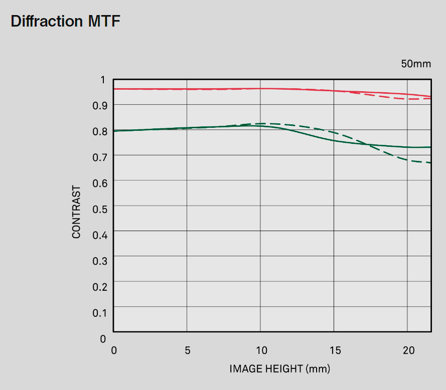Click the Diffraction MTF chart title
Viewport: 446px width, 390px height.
65,22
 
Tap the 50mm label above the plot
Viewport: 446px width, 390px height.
415,64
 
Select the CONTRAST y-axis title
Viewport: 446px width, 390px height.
76,212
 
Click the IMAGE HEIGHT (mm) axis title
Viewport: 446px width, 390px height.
280,369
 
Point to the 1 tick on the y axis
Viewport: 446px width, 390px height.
103,80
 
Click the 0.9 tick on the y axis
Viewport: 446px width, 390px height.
99,105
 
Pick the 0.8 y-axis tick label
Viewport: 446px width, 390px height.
99,131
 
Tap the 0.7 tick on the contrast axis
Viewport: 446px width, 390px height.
99,157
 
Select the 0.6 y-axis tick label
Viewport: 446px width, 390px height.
99,183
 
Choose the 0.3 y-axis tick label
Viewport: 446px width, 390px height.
99,261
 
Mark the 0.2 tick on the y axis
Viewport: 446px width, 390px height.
99,287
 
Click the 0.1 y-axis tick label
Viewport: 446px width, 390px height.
99,313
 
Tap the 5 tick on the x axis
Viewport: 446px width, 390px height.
187,350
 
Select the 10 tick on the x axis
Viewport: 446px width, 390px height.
260,350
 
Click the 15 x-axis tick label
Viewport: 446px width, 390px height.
335,350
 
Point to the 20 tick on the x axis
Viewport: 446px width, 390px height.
408,350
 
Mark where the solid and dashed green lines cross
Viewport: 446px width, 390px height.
369,144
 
